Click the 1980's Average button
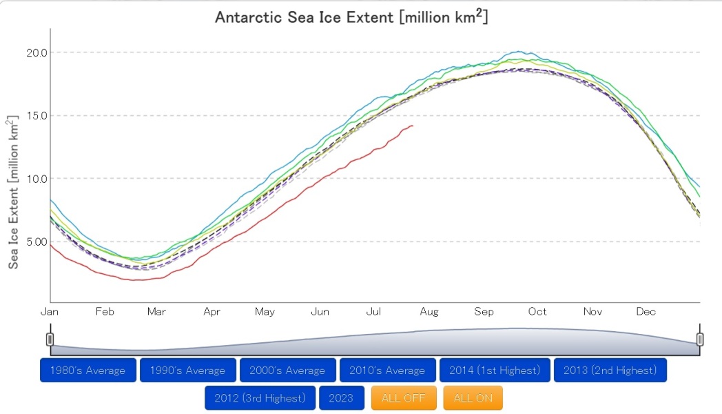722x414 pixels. [x=88, y=371]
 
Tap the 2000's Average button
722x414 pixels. [x=287, y=371]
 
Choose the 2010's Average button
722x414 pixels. [x=387, y=371]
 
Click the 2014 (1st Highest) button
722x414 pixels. [x=495, y=371]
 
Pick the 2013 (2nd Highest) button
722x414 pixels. [x=610, y=371]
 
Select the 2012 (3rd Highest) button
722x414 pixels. [x=260, y=398]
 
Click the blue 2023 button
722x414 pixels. [x=341, y=398]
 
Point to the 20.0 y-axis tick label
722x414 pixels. [x=36, y=52]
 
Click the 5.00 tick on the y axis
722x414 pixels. [x=36, y=241]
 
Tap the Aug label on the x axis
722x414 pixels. [x=429, y=312]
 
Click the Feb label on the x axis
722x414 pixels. [x=104, y=312]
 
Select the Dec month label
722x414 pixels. [x=646, y=312]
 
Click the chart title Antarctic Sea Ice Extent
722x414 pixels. [x=351, y=17]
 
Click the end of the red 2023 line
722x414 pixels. [x=413, y=126]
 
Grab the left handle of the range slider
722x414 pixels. [x=50, y=339]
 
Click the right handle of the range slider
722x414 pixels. [x=700, y=339]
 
